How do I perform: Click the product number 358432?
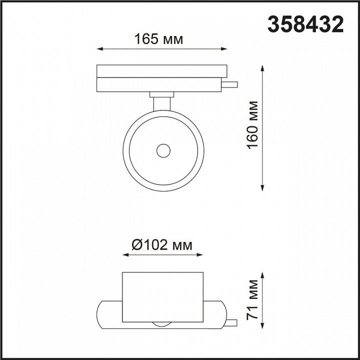(x=306, y=23)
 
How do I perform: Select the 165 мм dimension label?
(x=158, y=39)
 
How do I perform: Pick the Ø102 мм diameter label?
(x=162, y=245)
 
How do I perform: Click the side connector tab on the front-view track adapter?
(x=231, y=84)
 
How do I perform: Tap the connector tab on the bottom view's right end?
(x=231, y=322)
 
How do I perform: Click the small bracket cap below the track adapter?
(x=161, y=93)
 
